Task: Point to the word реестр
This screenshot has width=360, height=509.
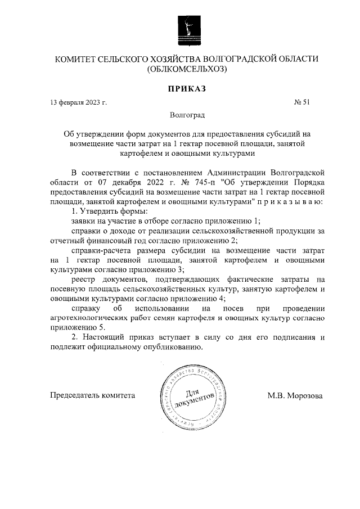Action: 84,280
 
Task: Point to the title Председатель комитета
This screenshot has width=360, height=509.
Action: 93,395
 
